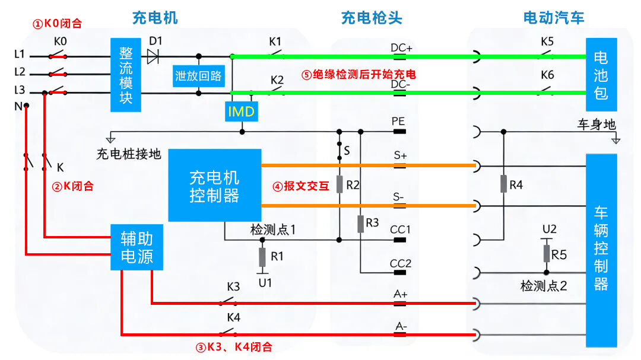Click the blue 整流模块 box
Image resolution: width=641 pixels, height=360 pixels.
click(x=125, y=75)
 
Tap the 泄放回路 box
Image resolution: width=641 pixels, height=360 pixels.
click(x=198, y=75)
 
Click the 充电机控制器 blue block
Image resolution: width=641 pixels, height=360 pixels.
click(x=214, y=186)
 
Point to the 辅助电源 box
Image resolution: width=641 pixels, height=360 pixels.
click(x=137, y=247)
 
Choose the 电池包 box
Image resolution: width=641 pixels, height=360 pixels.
click(x=601, y=75)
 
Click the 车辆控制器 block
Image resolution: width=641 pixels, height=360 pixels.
click(x=601, y=247)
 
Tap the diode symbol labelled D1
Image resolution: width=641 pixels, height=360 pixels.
click(x=154, y=56)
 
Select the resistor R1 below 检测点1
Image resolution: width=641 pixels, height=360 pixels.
click(x=262, y=257)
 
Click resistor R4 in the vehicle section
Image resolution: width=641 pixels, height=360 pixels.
click(x=503, y=184)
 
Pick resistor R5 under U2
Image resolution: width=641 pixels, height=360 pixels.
click(x=547, y=254)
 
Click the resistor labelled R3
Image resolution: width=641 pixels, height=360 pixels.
click(x=360, y=224)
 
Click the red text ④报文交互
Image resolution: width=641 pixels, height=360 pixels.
click(x=300, y=186)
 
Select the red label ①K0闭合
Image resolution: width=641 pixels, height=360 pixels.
click(x=57, y=24)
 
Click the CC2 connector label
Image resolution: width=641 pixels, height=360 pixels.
click(x=400, y=263)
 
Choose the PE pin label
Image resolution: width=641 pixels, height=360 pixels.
click(x=398, y=121)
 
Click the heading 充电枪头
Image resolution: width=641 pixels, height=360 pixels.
click(x=372, y=18)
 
